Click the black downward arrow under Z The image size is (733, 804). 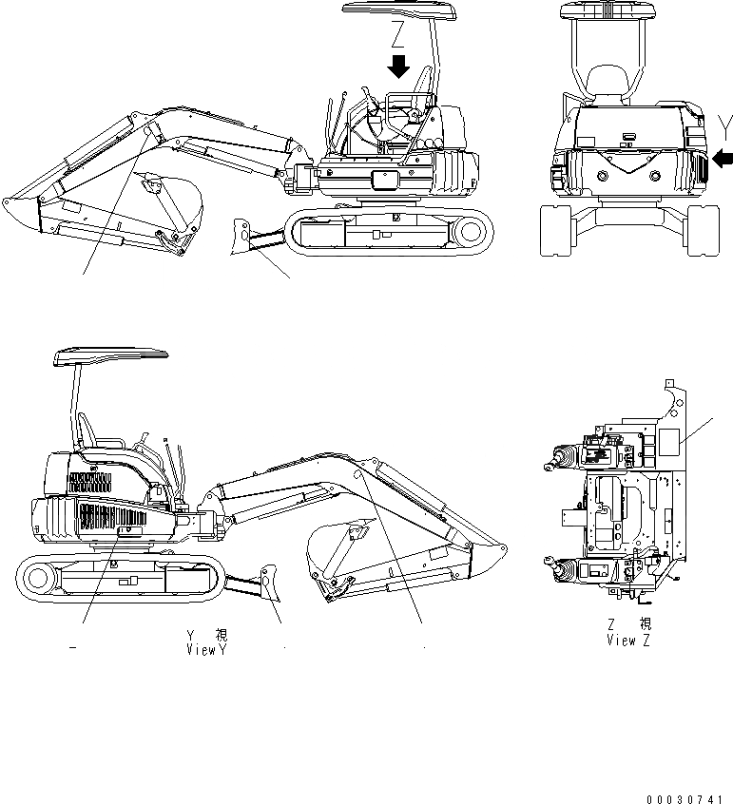(x=400, y=67)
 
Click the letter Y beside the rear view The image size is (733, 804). (x=725, y=123)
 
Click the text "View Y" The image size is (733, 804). (x=208, y=650)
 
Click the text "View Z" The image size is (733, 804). (x=627, y=641)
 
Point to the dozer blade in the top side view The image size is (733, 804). (x=245, y=234)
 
